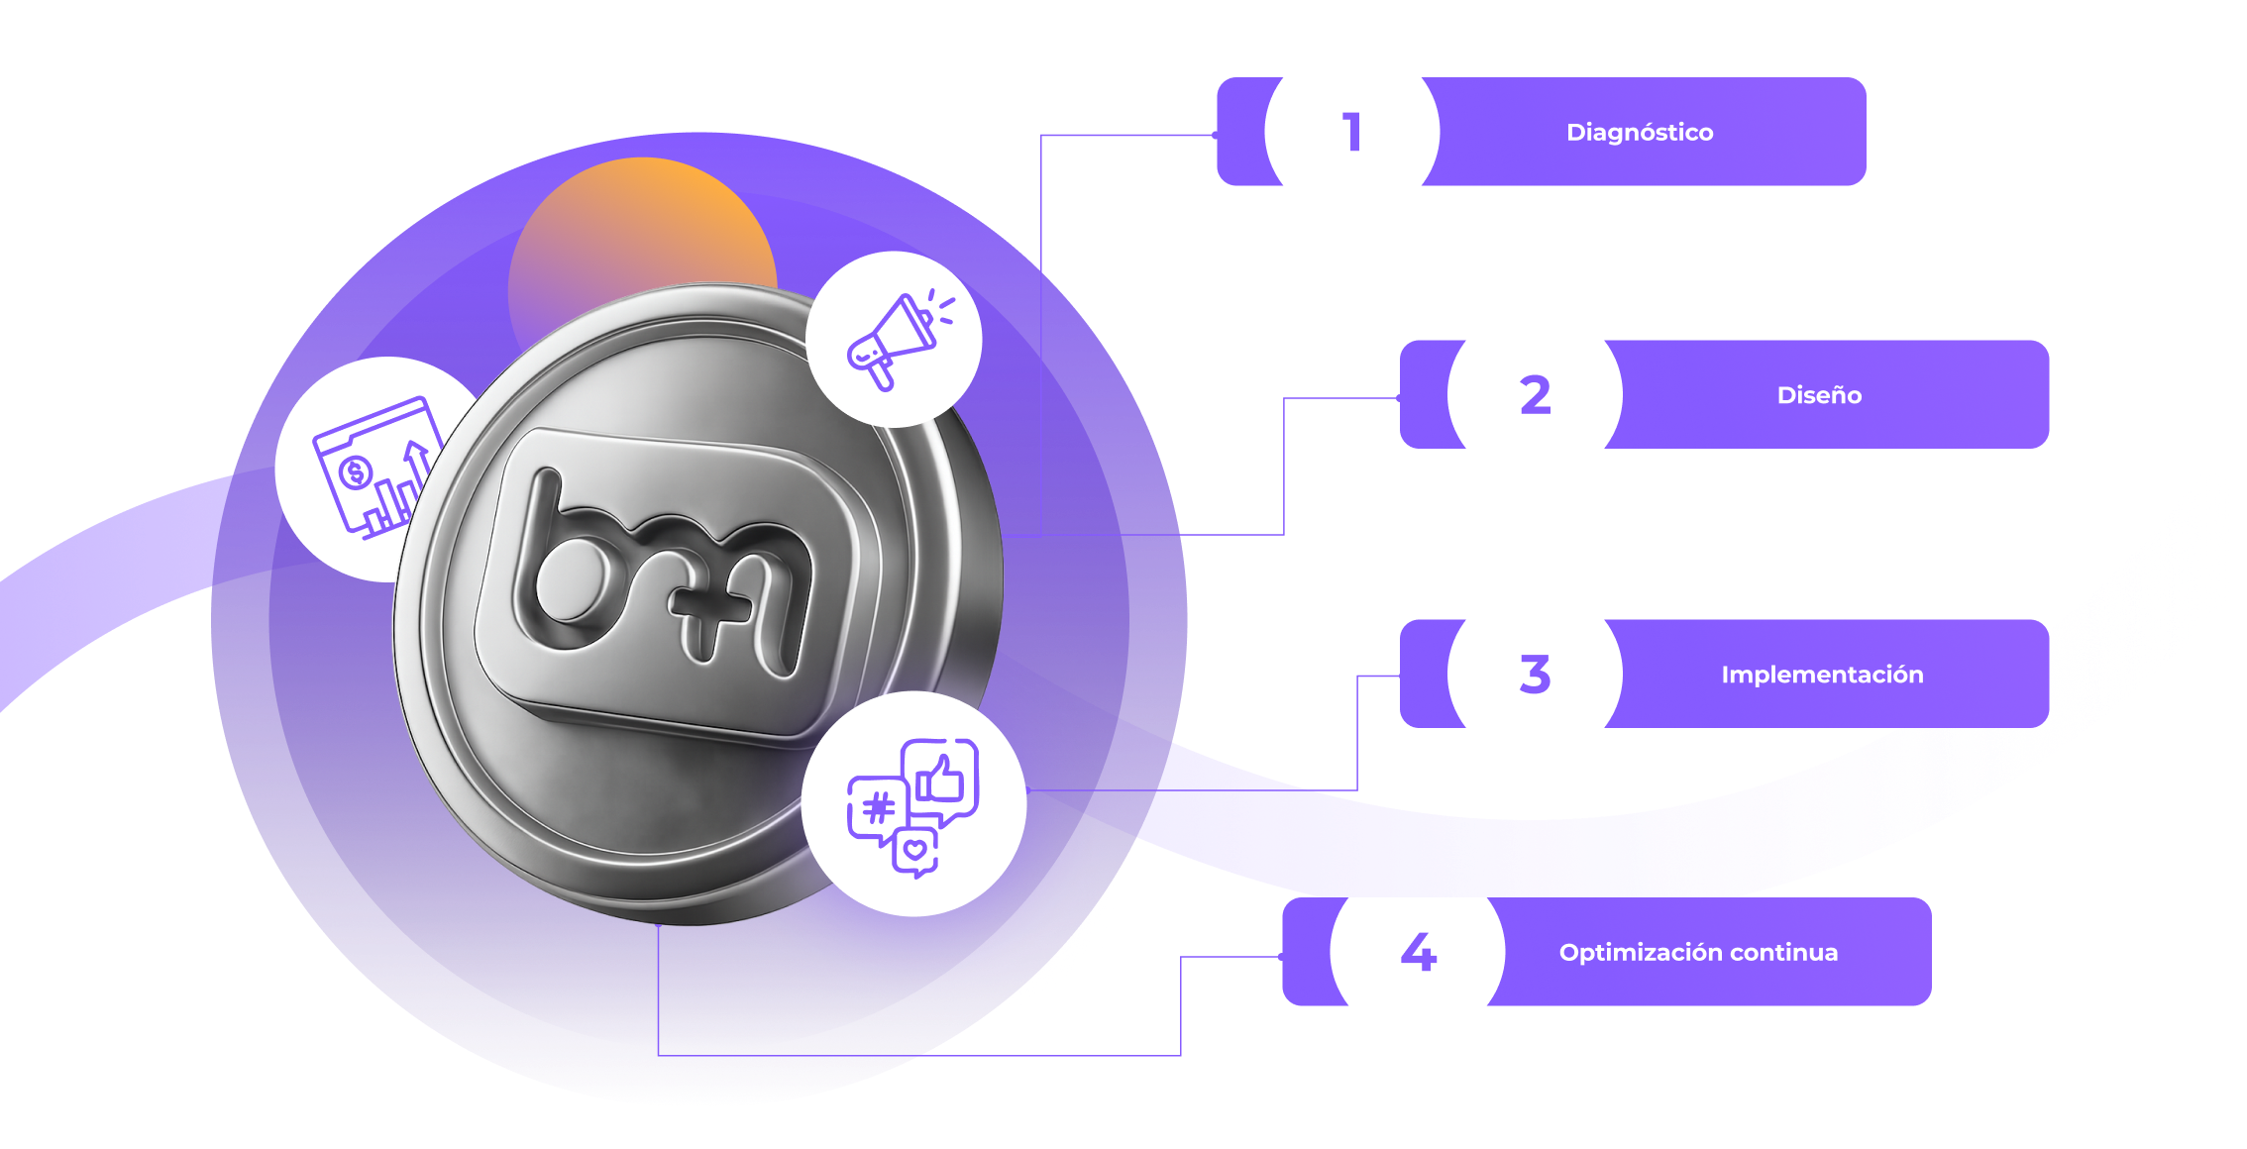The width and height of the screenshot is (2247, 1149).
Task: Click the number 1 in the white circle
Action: tap(1352, 132)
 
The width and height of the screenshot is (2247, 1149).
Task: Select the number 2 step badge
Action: tap(1535, 395)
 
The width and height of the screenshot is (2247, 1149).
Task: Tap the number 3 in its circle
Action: tap(1535, 674)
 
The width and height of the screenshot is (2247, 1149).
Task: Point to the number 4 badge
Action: tap(1418, 952)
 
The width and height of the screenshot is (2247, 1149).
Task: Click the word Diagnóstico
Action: tap(1640, 133)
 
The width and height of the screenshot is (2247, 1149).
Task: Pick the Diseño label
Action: tap(1819, 395)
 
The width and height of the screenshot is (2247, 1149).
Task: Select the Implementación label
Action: tap(1822, 675)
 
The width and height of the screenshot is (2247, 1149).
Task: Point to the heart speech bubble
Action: tap(915, 850)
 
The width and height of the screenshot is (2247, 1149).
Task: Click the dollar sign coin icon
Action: tap(355, 472)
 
